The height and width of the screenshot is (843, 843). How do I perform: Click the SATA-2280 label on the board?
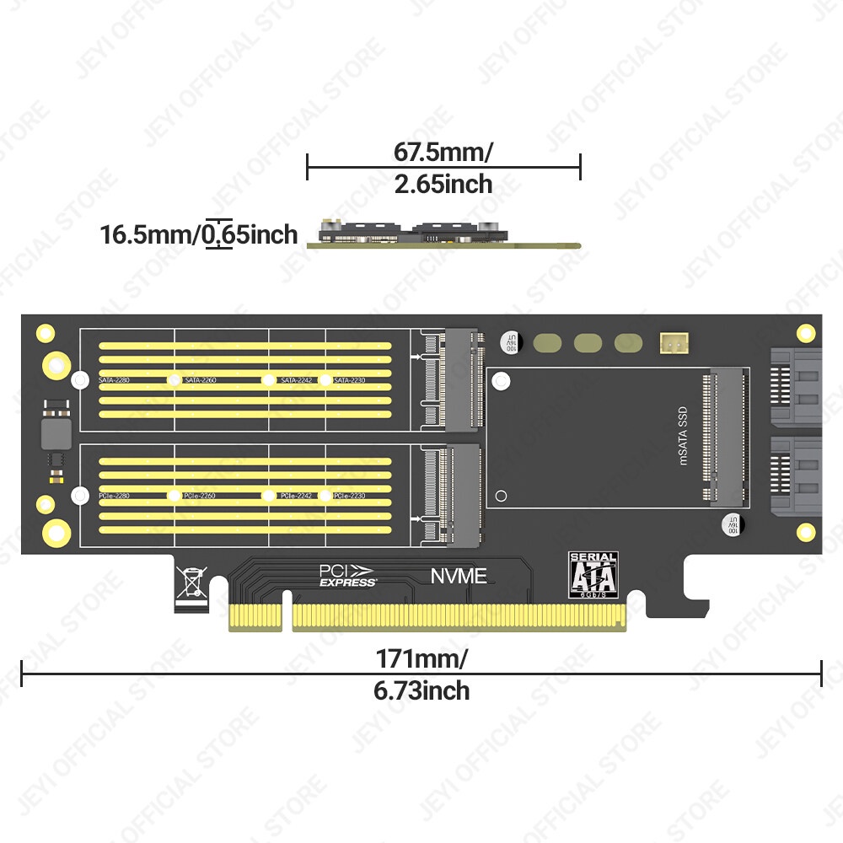pyautogui.click(x=115, y=381)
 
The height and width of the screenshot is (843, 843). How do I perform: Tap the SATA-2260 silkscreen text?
pyautogui.click(x=200, y=381)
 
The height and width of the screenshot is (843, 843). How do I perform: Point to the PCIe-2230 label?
pyautogui.click(x=349, y=496)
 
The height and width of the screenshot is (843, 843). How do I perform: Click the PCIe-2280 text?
pyautogui.click(x=115, y=496)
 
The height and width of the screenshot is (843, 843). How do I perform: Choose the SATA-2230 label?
pyautogui.click(x=349, y=381)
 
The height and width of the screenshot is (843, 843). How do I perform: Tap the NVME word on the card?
pyautogui.click(x=459, y=577)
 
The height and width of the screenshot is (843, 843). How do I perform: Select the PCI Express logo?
pyautogui.click(x=347, y=575)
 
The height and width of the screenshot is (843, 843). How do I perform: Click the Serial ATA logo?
pyautogui.click(x=594, y=576)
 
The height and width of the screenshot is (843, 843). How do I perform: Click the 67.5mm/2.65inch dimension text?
pyautogui.click(x=443, y=168)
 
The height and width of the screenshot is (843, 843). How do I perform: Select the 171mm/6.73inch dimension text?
pyautogui.click(x=421, y=674)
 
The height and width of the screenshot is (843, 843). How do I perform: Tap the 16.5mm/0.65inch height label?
pyautogui.click(x=199, y=234)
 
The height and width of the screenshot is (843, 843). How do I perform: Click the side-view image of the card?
pyautogui.click(x=443, y=234)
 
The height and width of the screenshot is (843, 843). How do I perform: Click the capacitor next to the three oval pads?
pyautogui.click(x=510, y=342)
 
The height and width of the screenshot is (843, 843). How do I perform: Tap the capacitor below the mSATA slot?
pyautogui.click(x=733, y=524)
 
